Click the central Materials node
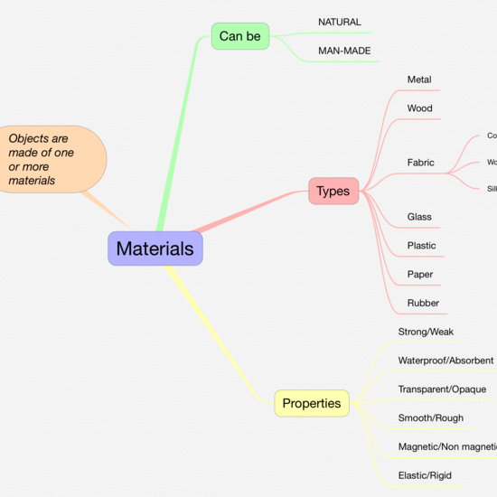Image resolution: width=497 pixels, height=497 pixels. tap(155, 248)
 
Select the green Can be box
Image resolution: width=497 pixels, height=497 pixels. tap(239, 36)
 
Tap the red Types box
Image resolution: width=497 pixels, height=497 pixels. tap(333, 191)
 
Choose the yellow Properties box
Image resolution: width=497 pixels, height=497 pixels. tap(312, 403)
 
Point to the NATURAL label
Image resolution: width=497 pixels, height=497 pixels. tap(340, 22)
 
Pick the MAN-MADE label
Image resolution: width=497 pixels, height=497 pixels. tap(344, 51)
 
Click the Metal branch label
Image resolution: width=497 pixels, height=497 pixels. tap(419, 80)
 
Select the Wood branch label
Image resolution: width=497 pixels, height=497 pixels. tap(419, 108)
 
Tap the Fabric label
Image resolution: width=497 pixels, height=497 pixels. tap(420, 163)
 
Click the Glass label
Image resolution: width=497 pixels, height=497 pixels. tap(419, 217)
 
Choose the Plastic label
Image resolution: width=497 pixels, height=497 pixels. tap(421, 246)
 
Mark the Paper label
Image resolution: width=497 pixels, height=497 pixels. tap(420, 275)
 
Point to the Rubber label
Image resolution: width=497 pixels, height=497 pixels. tap(423, 304)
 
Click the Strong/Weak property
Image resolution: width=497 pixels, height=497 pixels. tap(426, 332)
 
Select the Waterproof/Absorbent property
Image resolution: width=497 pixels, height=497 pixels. tap(445, 361)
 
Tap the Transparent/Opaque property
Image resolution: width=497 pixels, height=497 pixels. tap(442, 389)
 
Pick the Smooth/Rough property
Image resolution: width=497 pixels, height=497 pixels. tap(431, 418)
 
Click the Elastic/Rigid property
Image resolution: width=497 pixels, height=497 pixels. tap(425, 475)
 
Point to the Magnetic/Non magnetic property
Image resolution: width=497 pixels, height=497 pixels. tap(447, 447)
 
